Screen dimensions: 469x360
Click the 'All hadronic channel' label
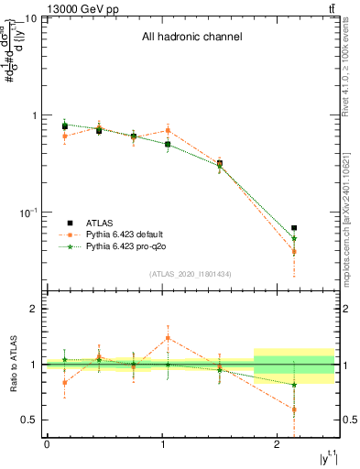click(191, 38)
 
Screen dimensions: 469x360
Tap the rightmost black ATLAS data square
click(294, 228)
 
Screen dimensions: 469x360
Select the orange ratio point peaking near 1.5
click(168, 338)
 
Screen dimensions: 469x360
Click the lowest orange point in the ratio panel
click(294, 409)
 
